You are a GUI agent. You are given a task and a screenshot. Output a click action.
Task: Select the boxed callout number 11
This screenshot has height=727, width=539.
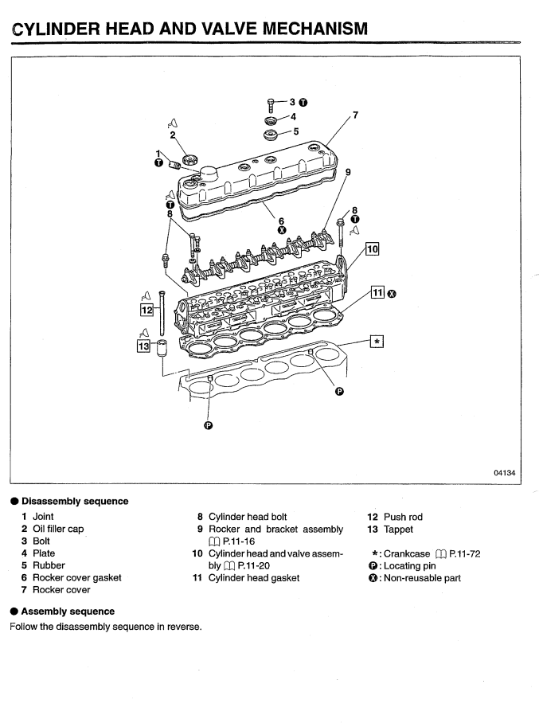[x=377, y=294]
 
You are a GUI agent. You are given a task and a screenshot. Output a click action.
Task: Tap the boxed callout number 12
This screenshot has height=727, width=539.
[x=146, y=308]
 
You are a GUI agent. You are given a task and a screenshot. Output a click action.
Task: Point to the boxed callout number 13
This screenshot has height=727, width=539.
[x=143, y=346]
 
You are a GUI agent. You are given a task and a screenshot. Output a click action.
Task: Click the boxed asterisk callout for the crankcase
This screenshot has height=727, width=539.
[x=377, y=341]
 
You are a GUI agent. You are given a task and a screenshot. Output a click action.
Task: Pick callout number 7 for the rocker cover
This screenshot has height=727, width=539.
[x=355, y=115]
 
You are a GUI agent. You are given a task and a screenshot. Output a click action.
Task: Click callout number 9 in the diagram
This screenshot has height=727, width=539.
[x=348, y=171]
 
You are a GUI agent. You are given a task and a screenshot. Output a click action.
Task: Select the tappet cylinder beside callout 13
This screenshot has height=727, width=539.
[x=163, y=348]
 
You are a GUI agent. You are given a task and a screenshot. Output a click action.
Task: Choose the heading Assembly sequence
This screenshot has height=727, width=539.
[x=66, y=611]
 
